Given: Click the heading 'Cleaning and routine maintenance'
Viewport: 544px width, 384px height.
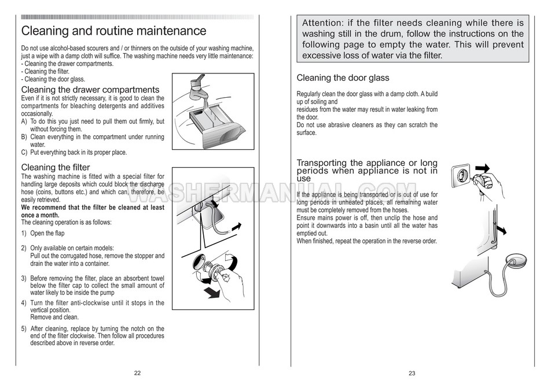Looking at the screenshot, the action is click(114, 31).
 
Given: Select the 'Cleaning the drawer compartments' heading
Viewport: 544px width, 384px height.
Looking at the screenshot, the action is click(90, 90).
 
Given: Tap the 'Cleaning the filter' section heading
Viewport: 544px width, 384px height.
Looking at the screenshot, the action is click(56, 168).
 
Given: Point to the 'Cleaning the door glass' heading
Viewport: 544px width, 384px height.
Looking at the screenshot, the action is click(343, 78).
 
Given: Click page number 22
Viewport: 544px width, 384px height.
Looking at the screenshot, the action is click(137, 373).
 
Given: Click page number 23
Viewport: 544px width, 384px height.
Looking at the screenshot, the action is click(412, 373).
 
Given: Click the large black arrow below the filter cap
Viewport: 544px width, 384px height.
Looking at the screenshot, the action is click(212, 292).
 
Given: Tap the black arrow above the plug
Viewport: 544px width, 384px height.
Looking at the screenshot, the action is click(483, 168).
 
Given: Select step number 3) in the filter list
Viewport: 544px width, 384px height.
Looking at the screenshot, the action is click(24, 278).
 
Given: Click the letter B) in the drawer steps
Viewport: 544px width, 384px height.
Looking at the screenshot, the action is click(24, 137).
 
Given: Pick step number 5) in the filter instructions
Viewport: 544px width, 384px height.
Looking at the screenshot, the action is click(24, 328).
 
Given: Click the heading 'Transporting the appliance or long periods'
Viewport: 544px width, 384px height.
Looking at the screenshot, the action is click(367, 167).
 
